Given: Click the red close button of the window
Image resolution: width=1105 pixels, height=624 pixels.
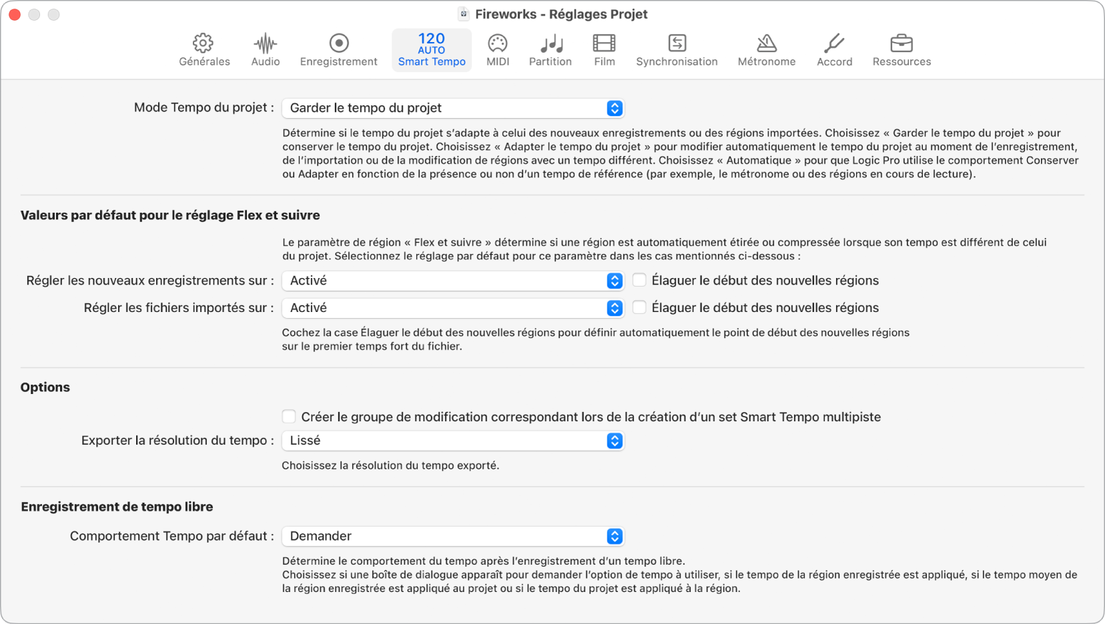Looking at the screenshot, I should coord(15,15).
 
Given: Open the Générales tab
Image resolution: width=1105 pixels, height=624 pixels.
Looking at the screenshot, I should coord(204,50).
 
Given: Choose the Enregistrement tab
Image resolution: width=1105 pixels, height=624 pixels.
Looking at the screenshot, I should coord(338,50).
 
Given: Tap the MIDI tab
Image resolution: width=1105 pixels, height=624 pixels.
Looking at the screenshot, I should coord(497,50).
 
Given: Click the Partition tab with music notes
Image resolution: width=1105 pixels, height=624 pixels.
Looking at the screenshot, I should coord(550,50).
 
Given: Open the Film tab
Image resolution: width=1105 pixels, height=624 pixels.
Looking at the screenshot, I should coord(604,50).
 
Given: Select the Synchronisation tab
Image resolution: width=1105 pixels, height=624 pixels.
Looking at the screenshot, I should coord(676,50).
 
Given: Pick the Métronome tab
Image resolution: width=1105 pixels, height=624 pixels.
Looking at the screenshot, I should coord(766,50).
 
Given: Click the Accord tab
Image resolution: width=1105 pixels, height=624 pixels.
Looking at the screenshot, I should coord(834,50).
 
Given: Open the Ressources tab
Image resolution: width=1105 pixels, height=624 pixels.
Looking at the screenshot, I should coord(902,50).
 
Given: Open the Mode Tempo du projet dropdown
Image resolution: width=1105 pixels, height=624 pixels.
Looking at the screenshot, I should coord(452,108).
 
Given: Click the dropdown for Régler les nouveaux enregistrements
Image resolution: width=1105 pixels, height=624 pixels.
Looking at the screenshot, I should coord(452,281).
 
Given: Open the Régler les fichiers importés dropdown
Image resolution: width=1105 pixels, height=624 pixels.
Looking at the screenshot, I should coord(452,308).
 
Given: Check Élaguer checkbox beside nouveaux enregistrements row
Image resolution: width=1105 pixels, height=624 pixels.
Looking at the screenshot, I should coord(639,280).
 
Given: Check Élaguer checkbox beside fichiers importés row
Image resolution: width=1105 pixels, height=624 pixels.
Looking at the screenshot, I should coord(639,307).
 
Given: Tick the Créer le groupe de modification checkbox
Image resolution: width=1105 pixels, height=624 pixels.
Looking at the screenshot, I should coord(289,417).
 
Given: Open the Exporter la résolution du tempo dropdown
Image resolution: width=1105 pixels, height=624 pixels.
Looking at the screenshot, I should coord(452,441).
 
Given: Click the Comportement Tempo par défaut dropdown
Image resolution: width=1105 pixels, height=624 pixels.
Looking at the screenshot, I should coord(452,536).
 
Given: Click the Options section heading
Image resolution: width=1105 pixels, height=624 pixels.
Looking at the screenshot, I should coord(45,387).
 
